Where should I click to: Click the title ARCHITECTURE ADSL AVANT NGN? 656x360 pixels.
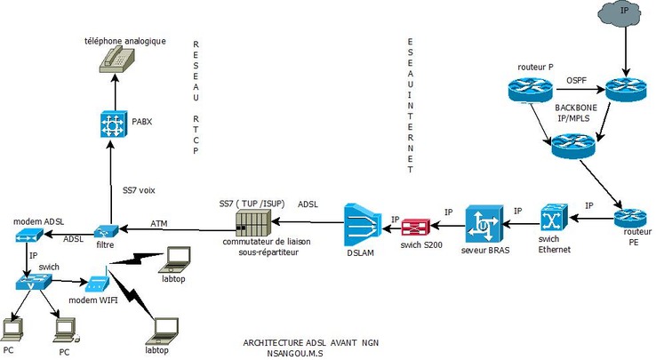tap(311, 342)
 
